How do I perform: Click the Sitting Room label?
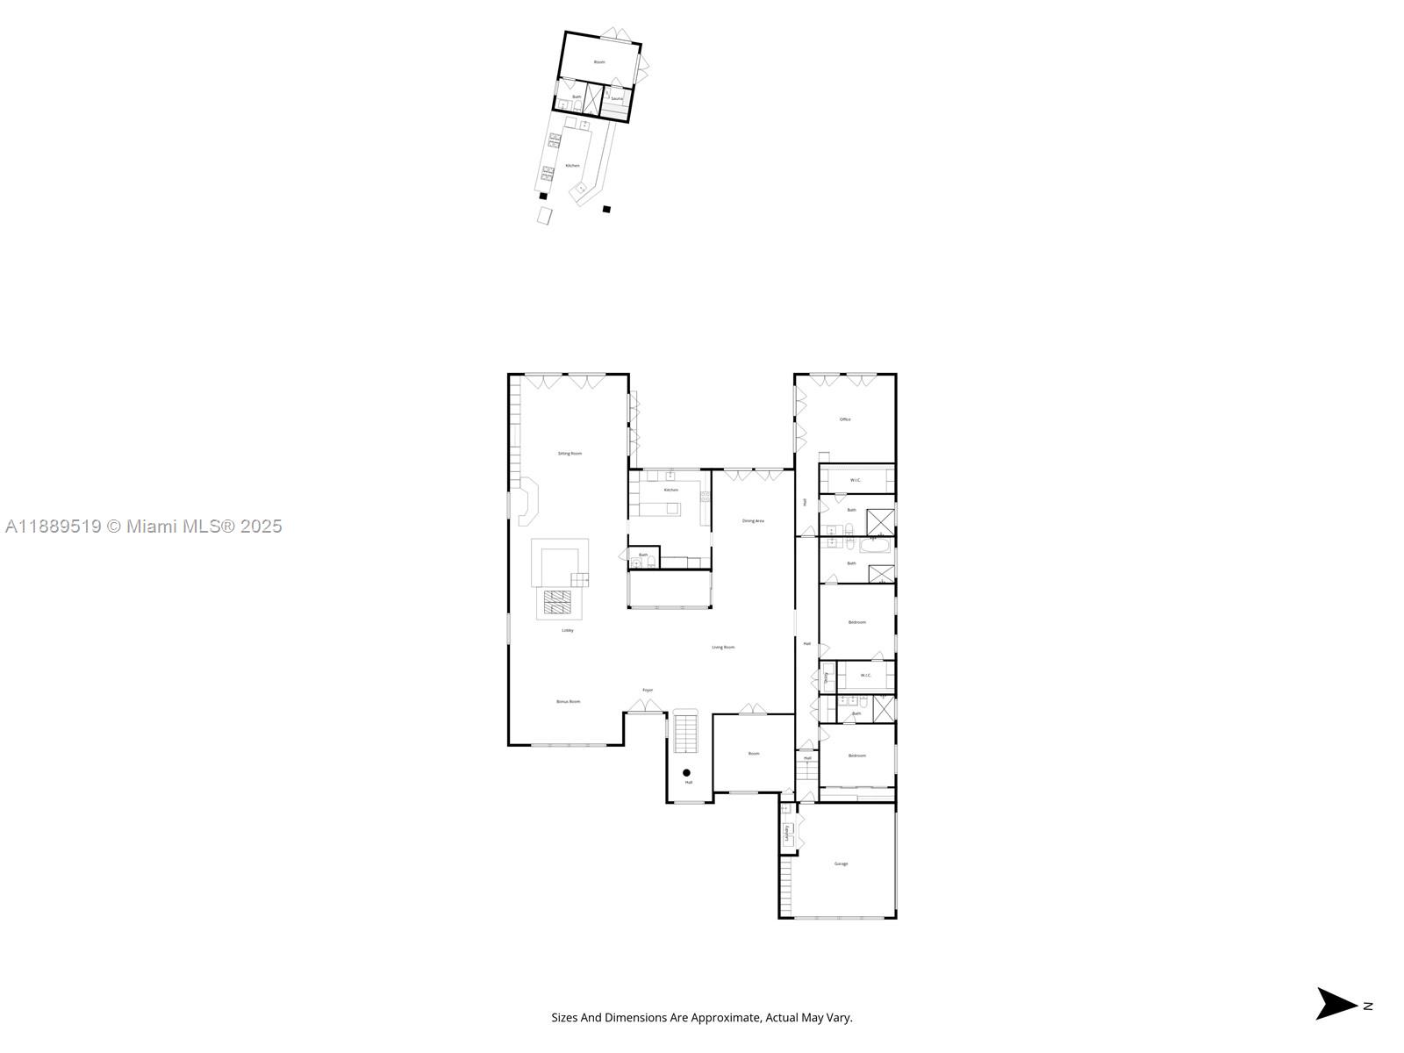click(x=569, y=454)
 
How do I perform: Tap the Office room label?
click(x=845, y=419)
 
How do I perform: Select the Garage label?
click(x=841, y=863)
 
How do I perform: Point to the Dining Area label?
click(x=753, y=521)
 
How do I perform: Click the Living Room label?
click(x=723, y=648)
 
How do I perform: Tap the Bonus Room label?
click(x=568, y=702)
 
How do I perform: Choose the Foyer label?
click(x=648, y=691)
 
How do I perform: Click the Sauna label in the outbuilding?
click(x=617, y=99)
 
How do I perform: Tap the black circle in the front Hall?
click(x=686, y=772)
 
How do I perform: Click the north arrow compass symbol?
click(x=1336, y=1004)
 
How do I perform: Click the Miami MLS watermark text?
click(x=144, y=526)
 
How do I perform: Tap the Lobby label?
click(x=568, y=630)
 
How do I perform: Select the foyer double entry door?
click(x=644, y=706)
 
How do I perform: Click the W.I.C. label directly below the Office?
click(x=856, y=480)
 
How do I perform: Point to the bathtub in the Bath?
click(x=874, y=547)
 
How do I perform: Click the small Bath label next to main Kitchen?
click(x=643, y=555)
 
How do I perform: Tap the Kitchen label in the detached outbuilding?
click(x=572, y=166)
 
